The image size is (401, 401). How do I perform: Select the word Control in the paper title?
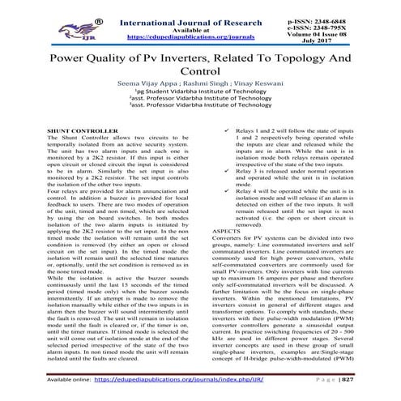coord(200,77)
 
